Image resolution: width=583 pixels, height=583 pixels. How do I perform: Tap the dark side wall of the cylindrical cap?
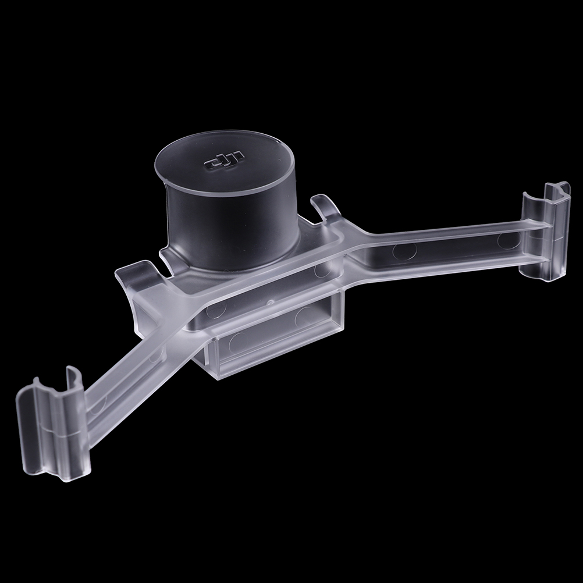tap(230, 230)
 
